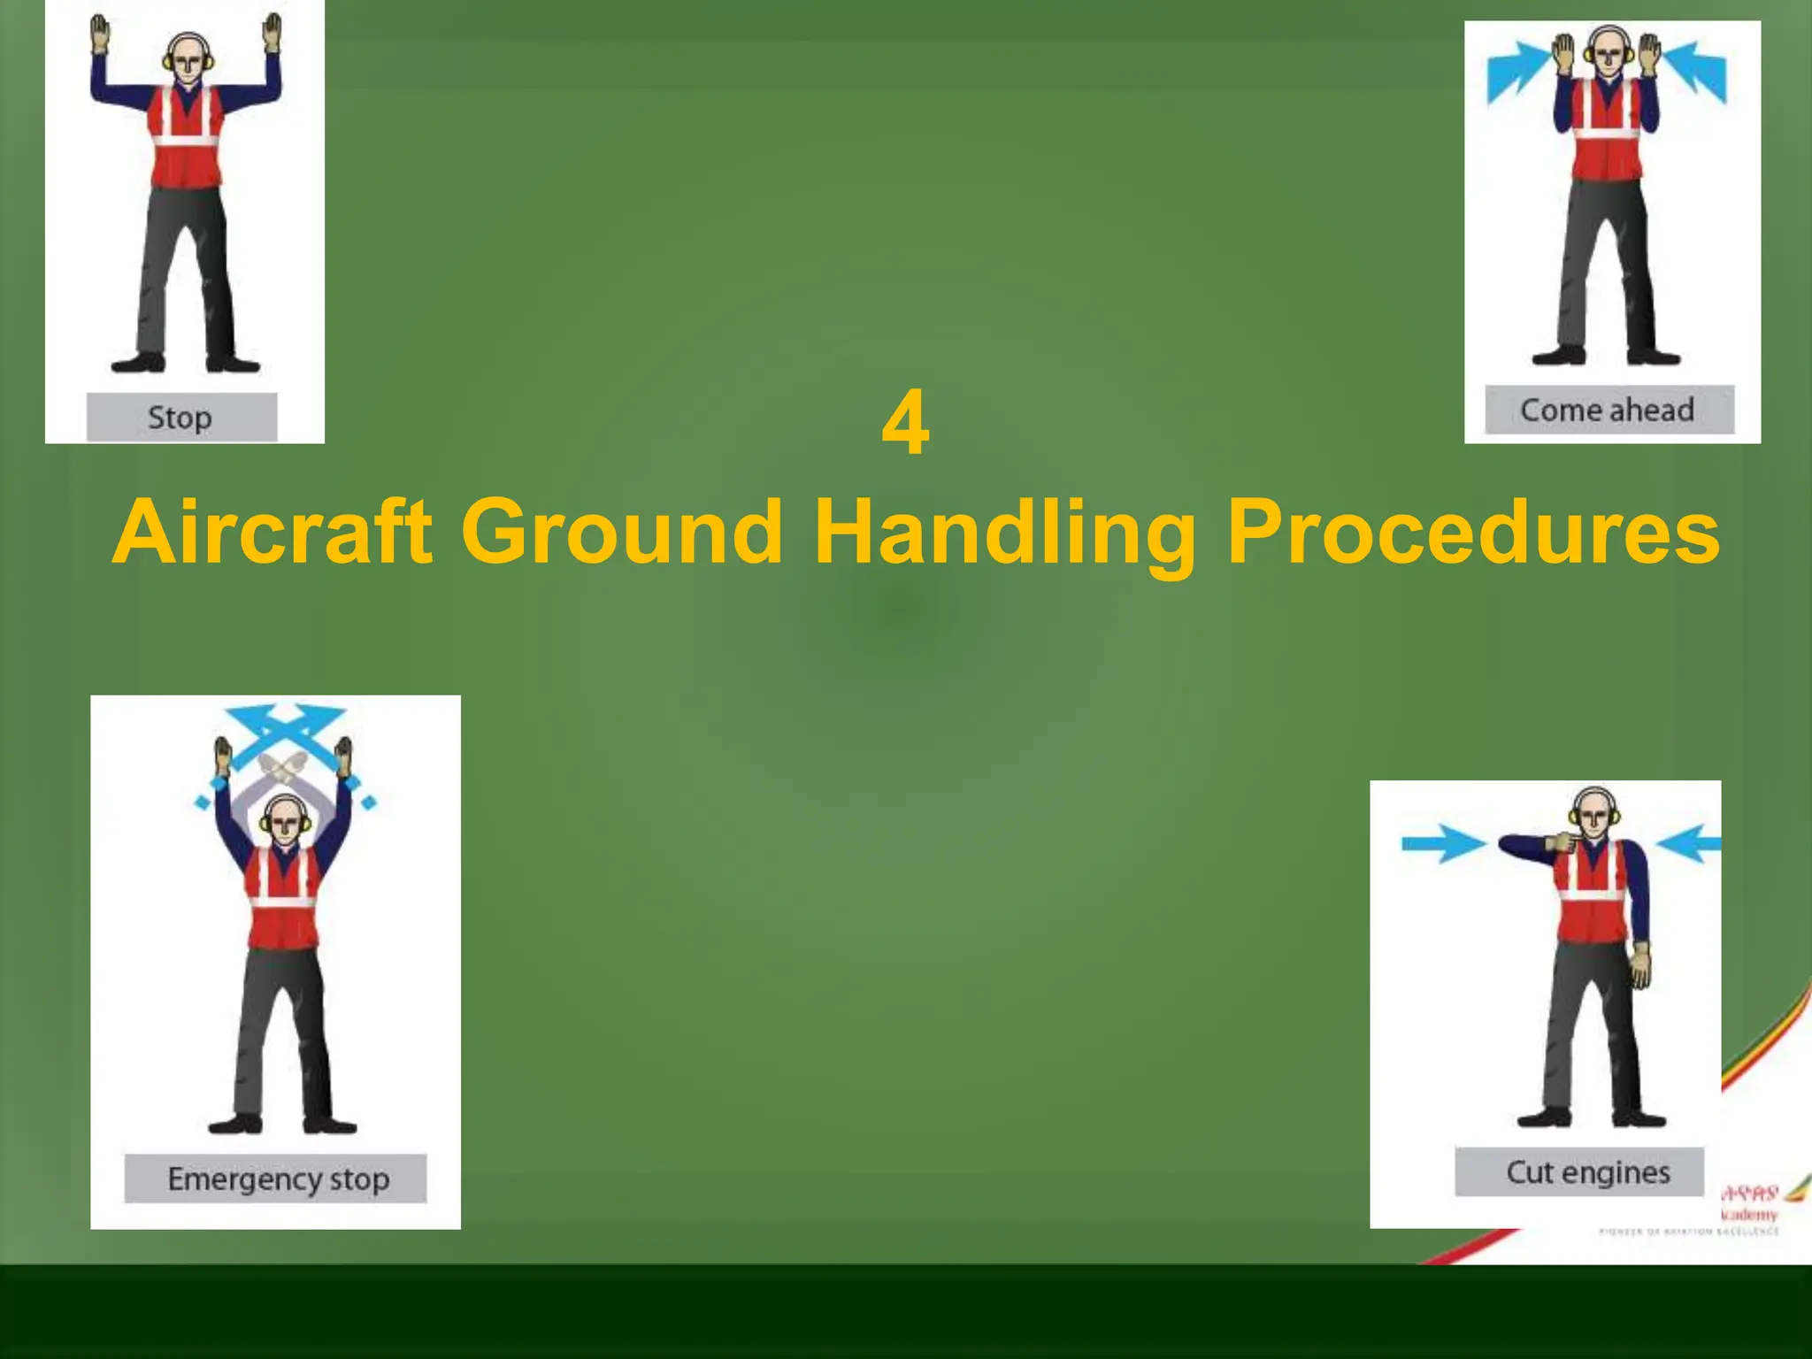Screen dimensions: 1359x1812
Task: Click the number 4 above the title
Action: point(905,424)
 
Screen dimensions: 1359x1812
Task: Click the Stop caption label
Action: point(181,418)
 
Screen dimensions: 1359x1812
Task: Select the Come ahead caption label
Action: point(1608,411)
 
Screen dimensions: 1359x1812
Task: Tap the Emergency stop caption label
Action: point(277,1179)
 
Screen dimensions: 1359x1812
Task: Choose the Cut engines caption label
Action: point(1588,1172)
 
